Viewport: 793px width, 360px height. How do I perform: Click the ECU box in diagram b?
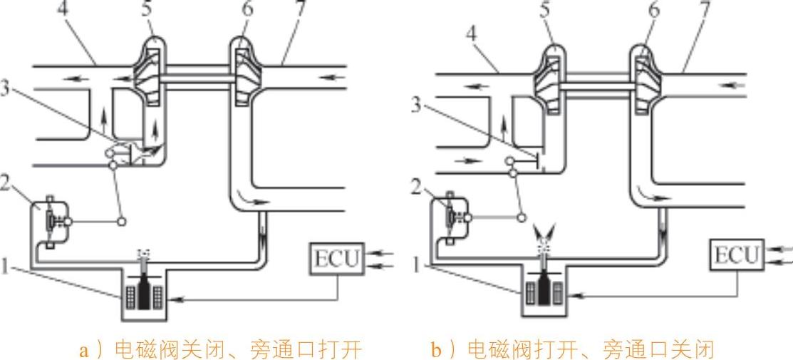pyautogui.click(x=735, y=254)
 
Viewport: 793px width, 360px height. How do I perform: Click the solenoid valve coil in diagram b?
pyautogui.click(x=544, y=291)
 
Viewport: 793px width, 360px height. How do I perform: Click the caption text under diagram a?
pyautogui.click(x=220, y=349)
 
